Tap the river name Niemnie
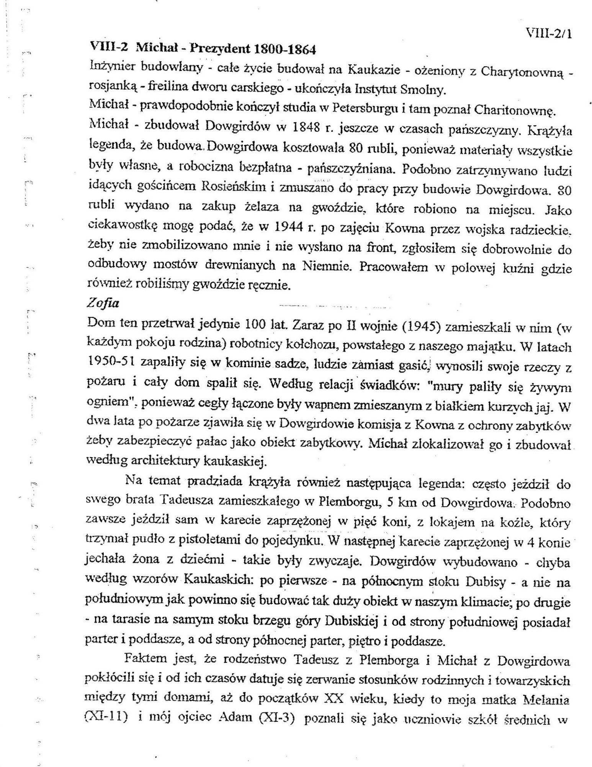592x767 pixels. [327, 267]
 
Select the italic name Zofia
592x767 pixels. [103, 304]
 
